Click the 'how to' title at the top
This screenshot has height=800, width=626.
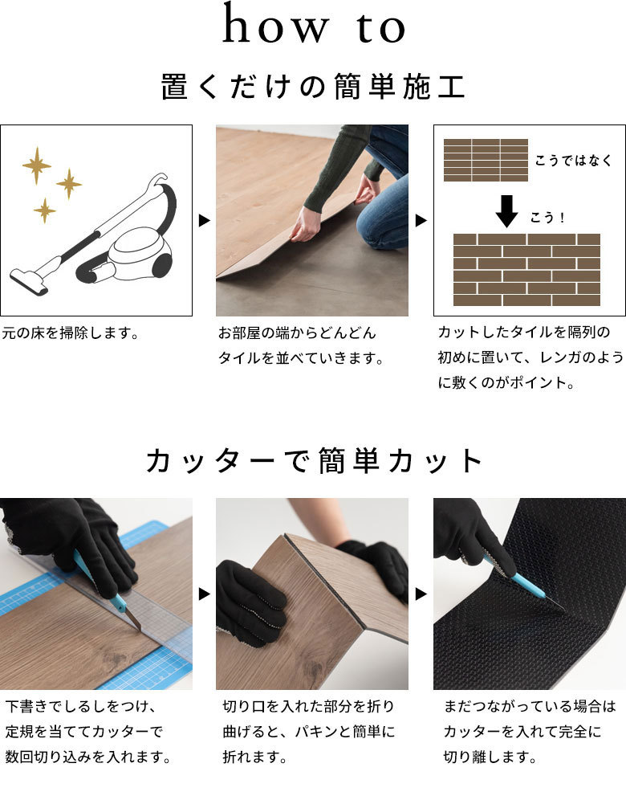tap(314, 24)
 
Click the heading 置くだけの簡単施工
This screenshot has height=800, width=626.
tap(313, 87)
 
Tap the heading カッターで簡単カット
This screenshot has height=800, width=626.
tap(313, 461)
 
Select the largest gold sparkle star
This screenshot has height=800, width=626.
tap(37, 165)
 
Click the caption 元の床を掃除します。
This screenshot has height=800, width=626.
tap(71, 333)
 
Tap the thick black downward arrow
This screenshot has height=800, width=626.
tap(506, 210)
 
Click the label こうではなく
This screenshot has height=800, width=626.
tap(572, 161)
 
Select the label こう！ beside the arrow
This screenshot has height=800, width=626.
tap(547, 218)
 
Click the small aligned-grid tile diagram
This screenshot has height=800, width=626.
tap(486, 160)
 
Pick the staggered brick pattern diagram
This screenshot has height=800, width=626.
tap(526, 270)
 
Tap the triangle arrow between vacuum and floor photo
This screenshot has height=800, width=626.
tap(205, 220)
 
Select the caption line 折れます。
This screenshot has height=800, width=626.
tap(254, 757)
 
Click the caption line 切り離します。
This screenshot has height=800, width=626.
tap(490, 757)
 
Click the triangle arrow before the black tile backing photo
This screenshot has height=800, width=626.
tap(421, 594)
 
